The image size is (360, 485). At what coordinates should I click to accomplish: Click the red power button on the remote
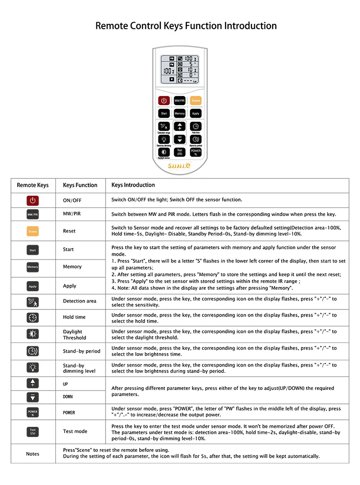164,101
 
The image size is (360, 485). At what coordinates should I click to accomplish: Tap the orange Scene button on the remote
196,101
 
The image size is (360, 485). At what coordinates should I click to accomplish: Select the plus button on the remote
180,127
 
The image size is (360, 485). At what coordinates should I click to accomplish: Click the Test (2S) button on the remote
180,152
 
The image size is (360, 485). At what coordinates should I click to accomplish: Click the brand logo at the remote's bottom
180,166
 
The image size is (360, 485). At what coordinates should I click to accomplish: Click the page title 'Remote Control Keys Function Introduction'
186,25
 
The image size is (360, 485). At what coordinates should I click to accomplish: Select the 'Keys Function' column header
80,185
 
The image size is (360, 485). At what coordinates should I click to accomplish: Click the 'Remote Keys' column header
33,185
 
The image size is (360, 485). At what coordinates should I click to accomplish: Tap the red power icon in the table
33,201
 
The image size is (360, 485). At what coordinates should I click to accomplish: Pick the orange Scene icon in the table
33,231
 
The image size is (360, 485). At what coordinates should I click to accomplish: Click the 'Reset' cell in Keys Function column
69,231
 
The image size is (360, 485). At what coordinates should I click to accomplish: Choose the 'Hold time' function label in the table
74,317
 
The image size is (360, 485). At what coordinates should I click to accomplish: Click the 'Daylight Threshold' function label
72,334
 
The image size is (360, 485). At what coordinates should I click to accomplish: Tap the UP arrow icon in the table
33,383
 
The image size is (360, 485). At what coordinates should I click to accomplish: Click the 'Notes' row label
33,454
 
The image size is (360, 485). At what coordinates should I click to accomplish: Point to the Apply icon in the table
33,286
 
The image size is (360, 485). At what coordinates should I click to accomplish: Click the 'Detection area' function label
80,301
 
